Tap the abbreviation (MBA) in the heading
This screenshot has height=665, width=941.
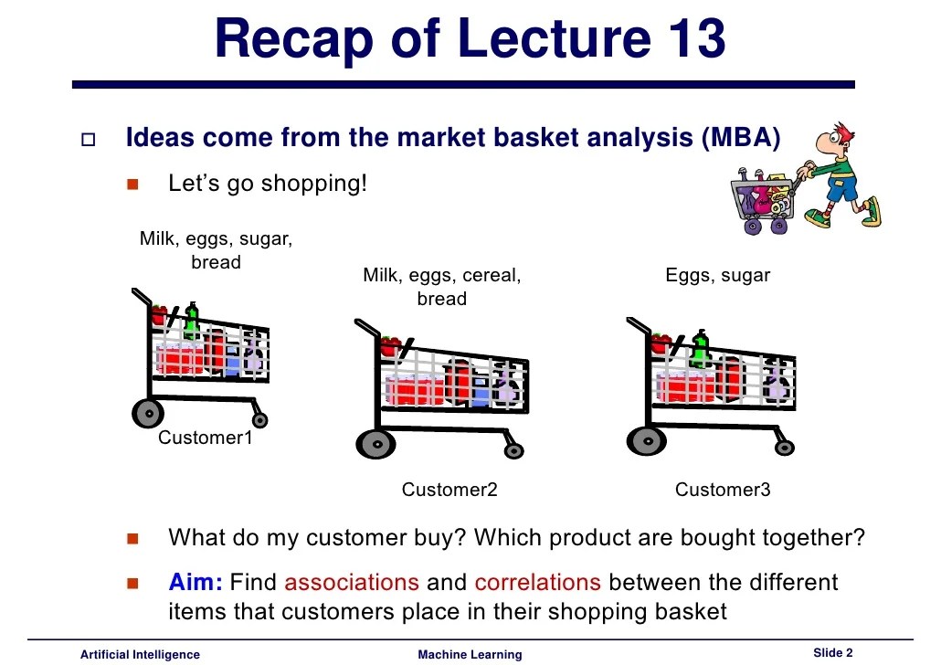tap(741, 139)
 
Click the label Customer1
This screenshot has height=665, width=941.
tap(205, 438)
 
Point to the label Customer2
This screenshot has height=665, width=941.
tap(449, 490)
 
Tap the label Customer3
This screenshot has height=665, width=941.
tap(723, 490)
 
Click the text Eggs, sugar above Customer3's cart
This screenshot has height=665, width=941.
tap(718, 275)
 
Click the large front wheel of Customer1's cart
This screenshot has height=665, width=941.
tap(147, 413)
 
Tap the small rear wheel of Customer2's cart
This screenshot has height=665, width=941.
tap(513, 450)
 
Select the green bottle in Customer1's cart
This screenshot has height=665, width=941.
tap(192, 321)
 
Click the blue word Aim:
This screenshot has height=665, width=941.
tap(196, 582)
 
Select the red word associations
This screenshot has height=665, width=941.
tap(352, 582)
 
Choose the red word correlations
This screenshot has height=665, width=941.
tap(537, 582)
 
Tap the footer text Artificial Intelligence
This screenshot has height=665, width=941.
tap(140, 654)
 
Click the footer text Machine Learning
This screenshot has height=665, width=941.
tap(470, 654)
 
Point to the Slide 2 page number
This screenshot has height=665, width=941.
tap(832, 652)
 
